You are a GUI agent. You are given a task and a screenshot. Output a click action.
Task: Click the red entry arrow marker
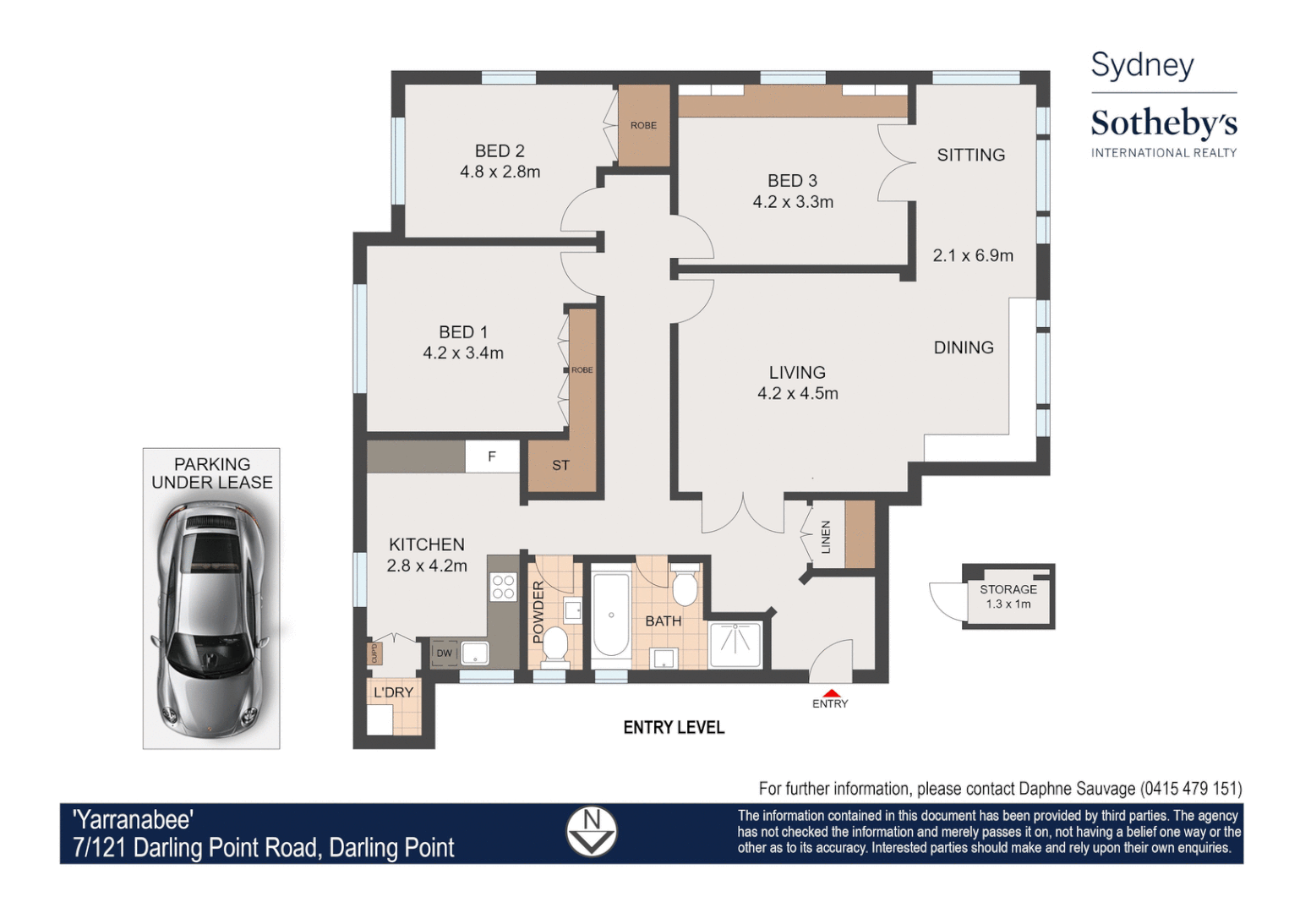pyautogui.click(x=830, y=692)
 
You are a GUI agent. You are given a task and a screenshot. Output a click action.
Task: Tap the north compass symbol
pyautogui.click(x=591, y=831)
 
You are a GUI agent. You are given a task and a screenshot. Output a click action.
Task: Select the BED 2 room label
pyautogui.click(x=500, y=151)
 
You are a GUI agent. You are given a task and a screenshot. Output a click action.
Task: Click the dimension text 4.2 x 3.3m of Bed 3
pyautogui.click(x=793, y=202)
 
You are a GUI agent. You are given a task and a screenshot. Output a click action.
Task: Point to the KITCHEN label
pyautogui.click(x=426, y=544)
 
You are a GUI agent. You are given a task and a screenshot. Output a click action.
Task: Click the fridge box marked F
pyautogui.click(x=492, y=457)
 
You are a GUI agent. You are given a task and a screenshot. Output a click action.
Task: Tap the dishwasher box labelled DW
pyautogui.click(x=444, y=653)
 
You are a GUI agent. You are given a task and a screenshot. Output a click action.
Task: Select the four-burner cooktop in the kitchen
pyautogui.click(x=504, y=587)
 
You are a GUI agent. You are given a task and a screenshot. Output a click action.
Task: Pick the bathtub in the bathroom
pyautogui.click(x=610, y=615)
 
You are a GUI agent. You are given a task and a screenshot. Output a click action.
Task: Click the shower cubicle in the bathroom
pyautogui.click(x=735, y=644)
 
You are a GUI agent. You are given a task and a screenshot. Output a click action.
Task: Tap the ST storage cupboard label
pyautogui.click(x=560, y=466)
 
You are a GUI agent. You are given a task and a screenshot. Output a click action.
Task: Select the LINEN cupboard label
pyautogui.click(x=826, y=537)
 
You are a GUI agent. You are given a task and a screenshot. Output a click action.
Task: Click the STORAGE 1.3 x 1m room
pyautogui.click(x=1008, y=596)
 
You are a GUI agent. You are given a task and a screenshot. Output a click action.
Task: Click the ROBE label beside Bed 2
pyautogui.click(x=643, y=125)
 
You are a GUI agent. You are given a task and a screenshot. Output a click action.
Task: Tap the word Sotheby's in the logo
pyautogui.click(x=1163, y=123)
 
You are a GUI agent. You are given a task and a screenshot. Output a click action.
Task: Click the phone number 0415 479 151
pyautogui.click(x=1191, y=789)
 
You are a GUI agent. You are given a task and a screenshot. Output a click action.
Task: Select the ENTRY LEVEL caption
pyautogui.click(x=674, y=728)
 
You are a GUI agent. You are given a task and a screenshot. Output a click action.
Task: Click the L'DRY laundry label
pyautogui.click(x=393, y=692)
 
